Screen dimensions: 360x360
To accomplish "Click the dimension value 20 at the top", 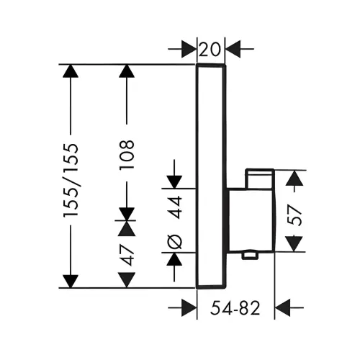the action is pos(210,50).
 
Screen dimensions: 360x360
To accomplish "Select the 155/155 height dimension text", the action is pos(71,180).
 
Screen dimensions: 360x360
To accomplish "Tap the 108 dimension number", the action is pos(127,155).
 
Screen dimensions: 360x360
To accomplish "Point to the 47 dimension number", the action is pos(127,255).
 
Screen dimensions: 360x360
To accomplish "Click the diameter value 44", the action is pos(174,207).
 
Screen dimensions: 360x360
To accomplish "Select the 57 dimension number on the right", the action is pos(294,215).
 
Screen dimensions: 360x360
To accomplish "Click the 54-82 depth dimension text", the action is pos(235,308).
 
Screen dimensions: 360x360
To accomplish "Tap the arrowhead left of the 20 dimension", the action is pos(189,49).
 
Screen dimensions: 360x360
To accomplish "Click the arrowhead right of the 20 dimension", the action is pos(233,49).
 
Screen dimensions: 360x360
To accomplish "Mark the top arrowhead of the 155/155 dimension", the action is pos(71,71).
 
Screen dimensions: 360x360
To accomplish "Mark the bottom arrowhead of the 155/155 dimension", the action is pos(71,282).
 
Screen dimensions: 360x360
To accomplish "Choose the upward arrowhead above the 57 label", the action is pos(294,178).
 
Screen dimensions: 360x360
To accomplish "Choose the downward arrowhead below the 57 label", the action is pos(294,244).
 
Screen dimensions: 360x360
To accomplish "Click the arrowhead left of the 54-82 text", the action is pos(189,307).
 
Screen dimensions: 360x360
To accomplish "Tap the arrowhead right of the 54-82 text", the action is pos(282,307).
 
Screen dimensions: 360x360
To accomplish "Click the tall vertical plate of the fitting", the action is pos(211,176).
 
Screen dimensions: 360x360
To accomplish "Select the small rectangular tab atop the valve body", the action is pos(259,178).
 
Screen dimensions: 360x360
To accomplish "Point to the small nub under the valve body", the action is pos(250,256).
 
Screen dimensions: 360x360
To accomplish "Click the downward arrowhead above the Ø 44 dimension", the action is pos(174,182).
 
